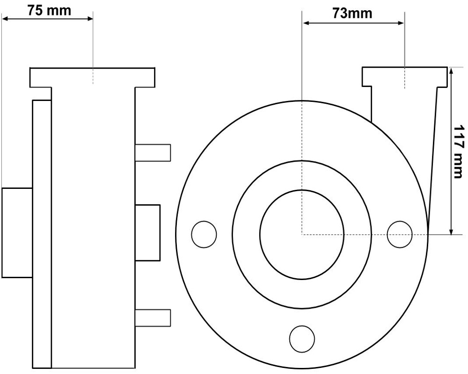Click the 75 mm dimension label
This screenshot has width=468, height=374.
[49, 10]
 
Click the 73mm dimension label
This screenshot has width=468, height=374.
[352, 14]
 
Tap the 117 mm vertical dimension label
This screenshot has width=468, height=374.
[459, 151]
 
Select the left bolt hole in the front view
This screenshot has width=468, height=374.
[204, 234]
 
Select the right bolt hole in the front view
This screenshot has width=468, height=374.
[400, 234]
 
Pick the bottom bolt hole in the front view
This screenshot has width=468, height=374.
[302, 338]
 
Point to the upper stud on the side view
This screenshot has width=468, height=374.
[153, 153]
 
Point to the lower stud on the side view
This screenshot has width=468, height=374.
[153, 318]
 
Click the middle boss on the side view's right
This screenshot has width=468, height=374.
[147, 233]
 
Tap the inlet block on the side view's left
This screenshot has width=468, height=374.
[17, 233]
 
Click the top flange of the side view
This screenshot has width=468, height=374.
[92, 78]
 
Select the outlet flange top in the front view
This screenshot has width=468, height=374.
[405, 77]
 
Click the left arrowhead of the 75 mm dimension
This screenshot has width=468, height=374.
[5, 19]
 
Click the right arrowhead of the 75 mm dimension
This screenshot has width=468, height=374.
[90, 19]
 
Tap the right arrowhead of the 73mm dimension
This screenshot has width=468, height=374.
[401, 23]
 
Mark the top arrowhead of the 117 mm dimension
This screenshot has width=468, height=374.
[451, 71]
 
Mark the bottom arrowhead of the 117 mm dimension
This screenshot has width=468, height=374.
[451, 231]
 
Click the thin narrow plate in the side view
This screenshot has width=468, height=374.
[42, 234]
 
